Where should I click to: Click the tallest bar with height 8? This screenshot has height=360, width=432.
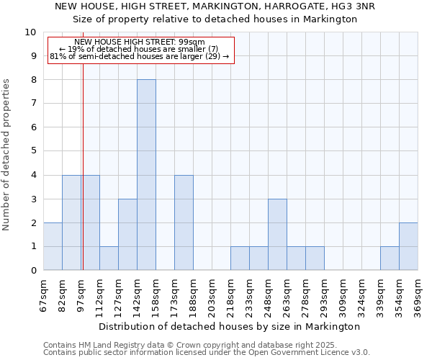(x=146, y=175)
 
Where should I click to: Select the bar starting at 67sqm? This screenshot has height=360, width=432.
(x=53, y=246)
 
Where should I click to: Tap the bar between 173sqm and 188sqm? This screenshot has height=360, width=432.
(x=184, y=222)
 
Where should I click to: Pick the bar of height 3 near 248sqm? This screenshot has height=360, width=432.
(x=277, y=235)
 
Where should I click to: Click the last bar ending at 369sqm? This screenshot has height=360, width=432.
(x=408, y=246)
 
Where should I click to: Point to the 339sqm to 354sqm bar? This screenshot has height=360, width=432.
(x=390, y=258)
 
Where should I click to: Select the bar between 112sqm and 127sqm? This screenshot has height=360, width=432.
(x=109, y=258)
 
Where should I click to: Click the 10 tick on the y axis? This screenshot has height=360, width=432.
(x=30, y=32)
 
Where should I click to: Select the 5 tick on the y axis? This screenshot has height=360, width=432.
(x=33, y=151)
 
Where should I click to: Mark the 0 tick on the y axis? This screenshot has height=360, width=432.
(x=33, y=271)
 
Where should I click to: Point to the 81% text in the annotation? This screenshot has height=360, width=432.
(x=58, y=56)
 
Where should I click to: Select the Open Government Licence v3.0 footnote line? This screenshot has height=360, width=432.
(x=207, y=353)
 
